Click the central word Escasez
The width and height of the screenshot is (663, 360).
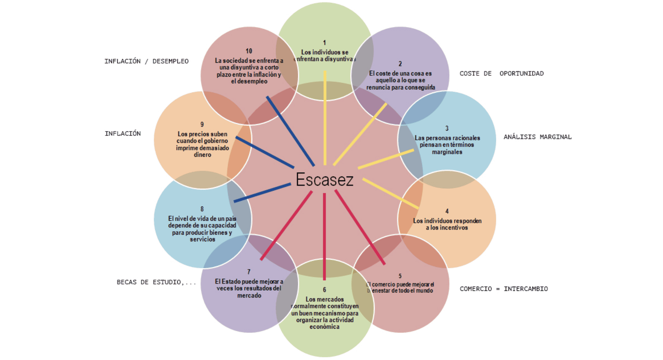[x=324, y=180]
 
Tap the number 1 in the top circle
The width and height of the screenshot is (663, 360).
[x=324, y=43]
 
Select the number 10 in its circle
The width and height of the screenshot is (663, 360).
[x=249, y=51]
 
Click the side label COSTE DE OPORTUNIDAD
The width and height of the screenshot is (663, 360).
[x=501, y=74]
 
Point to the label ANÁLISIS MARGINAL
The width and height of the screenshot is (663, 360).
[x=537, y=137]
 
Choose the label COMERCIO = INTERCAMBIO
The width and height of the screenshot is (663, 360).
[x=504, y=289]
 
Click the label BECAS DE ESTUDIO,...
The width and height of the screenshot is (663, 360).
[x=156, y=282]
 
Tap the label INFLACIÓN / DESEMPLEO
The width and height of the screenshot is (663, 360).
[x=146, y=61]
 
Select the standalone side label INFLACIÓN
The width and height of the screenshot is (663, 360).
[x=123, y=133]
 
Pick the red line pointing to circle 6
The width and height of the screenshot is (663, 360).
[x=324, y=236]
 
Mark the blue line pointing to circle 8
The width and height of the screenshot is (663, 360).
[x=262, y=193]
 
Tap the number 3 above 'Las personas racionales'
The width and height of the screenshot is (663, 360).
[x=447, y=128]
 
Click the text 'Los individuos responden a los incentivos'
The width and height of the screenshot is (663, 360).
[x=447, y=224]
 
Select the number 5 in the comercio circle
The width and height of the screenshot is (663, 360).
[x=400, y=276]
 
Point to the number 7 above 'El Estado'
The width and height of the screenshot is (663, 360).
[x=249, y=272]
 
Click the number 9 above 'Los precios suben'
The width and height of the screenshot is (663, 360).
[x=202, y=124]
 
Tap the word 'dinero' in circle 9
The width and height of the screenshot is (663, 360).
[x=203, y=155]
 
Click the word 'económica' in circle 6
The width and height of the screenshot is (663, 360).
[x=324, y=327]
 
